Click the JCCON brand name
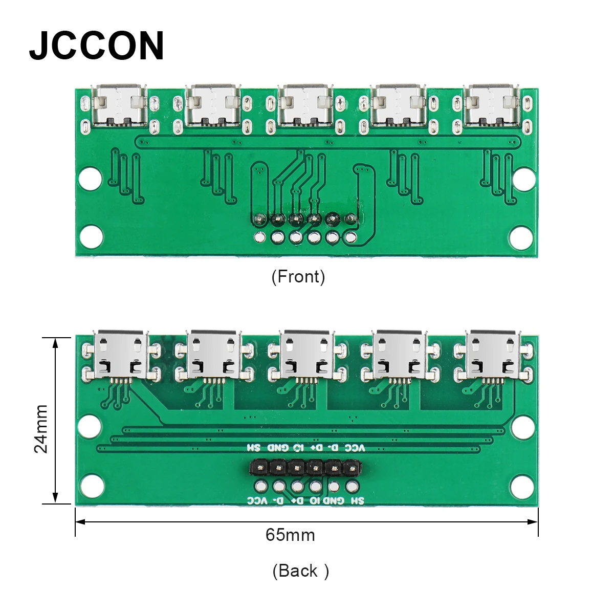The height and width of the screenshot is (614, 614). [97, 46]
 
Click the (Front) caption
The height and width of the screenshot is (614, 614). [298, 277]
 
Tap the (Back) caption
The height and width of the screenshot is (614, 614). [300, 571]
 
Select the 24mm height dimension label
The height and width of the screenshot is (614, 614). [41, 429]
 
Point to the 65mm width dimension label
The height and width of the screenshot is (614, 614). [290, 535]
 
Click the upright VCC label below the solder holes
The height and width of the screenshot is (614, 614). [257, 500]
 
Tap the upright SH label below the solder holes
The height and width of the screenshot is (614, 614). [358, 500]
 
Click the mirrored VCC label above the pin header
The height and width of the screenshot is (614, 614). [355, 448]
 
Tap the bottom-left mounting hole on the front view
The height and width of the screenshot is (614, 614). [92, 237]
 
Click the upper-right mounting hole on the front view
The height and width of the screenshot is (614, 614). [524, 179]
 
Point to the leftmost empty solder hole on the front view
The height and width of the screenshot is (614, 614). [260, 237]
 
